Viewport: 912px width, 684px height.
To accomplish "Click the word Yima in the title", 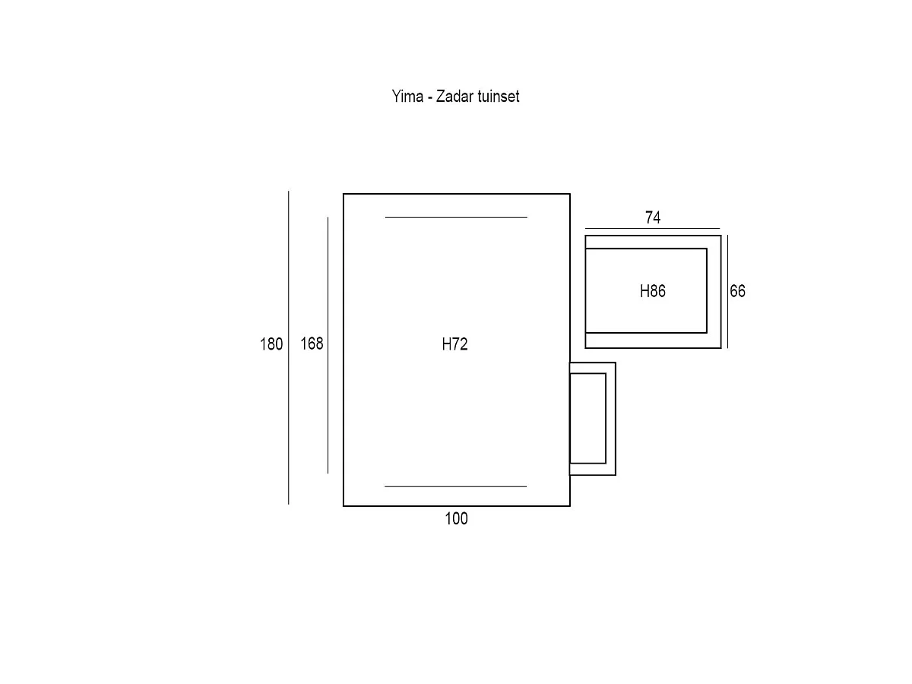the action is click(407, 97).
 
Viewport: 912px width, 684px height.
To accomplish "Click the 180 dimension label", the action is click(271, 344).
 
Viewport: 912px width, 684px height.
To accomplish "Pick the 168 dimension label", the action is click(312, 344).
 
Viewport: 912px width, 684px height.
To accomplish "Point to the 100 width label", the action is click(456, 518).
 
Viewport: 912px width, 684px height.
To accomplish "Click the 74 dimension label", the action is click(653, 217).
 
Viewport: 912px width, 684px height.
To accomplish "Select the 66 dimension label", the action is click(737, 291).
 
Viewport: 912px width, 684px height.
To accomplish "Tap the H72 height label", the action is click(455, 344).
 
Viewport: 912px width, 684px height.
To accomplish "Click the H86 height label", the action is click(653, 291).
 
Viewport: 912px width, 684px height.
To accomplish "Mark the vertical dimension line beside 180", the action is click(289, 348).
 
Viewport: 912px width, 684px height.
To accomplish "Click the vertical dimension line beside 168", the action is click(328, 345).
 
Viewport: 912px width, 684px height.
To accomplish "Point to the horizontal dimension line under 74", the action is click(652, 229).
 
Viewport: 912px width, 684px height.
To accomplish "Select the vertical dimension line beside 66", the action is click(727, 292).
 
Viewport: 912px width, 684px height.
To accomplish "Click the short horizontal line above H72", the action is click(456, 217).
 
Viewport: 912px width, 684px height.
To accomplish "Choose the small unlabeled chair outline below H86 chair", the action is click(616, 419).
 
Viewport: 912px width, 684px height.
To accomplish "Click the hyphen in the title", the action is click(430, 98).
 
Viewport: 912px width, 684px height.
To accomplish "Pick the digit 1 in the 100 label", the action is click(448, 518).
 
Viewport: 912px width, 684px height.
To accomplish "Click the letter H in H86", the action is click(644, 291).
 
